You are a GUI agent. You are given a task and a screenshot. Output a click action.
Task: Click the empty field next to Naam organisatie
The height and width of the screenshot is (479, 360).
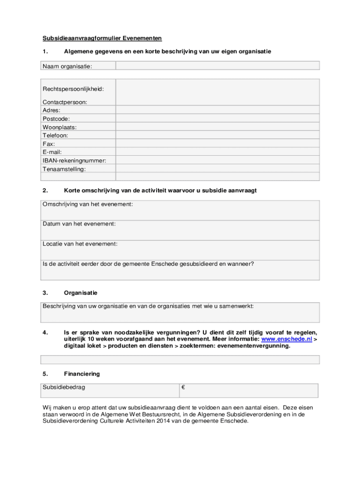tap(217, 66)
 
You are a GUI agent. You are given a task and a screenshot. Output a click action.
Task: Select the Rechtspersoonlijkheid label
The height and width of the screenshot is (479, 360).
tap(73, 89)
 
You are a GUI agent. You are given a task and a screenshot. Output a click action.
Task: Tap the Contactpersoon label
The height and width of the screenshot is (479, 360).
tap(65, 102)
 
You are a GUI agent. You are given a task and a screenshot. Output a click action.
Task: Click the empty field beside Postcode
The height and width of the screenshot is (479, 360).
tap(217, 119)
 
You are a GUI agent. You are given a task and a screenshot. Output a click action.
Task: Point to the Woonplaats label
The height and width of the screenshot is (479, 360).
tap(59, 127)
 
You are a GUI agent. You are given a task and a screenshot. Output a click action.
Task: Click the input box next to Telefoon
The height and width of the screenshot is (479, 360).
tap(217, 136)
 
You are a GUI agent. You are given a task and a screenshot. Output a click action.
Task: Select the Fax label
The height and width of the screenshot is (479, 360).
tap(49, 144)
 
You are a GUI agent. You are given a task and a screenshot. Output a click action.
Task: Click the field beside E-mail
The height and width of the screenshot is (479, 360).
tap(217, 152)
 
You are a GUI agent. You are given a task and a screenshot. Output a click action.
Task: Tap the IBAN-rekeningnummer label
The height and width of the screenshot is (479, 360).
tap(74, 160)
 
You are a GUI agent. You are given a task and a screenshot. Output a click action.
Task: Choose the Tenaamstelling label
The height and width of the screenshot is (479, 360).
tap(64, 169)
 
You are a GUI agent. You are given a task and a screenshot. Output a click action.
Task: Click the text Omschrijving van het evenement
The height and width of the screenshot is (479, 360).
tap(88, 204)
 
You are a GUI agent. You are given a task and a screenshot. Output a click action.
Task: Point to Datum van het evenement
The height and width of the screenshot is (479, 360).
tap(79, 224)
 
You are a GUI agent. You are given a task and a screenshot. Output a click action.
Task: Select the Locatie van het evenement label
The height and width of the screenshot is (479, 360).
tap(80, 244)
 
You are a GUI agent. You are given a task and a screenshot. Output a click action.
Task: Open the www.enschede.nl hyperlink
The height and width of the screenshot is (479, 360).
tap(286, 339)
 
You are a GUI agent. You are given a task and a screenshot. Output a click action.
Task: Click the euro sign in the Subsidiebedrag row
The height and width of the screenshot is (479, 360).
tap(183, 387)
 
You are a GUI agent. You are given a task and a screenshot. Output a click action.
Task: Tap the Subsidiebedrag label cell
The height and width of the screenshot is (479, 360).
tap(64, 387)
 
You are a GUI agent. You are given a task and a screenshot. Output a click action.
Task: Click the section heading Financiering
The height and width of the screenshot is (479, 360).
tap(82, 374)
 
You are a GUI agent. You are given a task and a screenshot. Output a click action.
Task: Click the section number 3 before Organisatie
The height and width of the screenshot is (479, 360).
tap(45, 293)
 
